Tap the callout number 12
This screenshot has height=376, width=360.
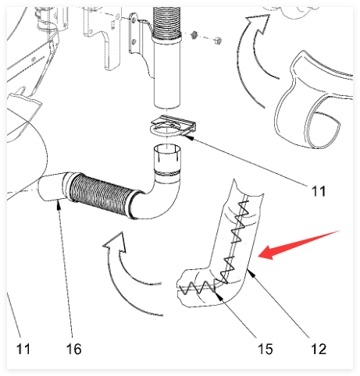319,349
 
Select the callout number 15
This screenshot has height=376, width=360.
266,349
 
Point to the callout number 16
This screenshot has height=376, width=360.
74,349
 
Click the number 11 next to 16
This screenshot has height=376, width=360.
23,349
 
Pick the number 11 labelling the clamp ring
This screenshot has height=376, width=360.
319,191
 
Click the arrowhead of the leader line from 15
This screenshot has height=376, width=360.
218,295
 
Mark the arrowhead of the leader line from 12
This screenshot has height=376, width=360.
250,273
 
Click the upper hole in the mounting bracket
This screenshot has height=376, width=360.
134,20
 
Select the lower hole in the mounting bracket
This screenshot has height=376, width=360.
134,41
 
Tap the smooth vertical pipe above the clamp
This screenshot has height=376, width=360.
167,73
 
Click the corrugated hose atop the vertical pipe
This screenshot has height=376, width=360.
167,22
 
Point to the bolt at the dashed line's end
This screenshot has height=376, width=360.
218,41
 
